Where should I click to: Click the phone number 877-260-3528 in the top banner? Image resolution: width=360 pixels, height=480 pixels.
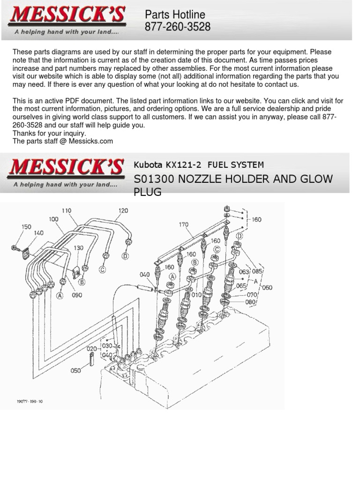pos(178,28)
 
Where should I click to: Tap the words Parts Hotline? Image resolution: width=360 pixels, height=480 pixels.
pos(175,15)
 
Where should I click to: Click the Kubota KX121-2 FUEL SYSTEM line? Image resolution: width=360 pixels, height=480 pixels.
pos(199,165)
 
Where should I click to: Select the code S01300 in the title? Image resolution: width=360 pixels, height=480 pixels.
pos(156,179)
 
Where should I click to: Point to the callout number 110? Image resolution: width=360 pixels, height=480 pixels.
pos(67,211)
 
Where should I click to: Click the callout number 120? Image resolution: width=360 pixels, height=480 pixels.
pos(123,211)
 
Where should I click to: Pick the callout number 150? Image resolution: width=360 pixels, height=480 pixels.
pos(26,226)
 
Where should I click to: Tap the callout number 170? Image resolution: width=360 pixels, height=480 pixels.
pos(183,225)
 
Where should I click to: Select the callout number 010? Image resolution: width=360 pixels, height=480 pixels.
pos(196,294)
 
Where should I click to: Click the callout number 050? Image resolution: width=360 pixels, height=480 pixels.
pos(75,370)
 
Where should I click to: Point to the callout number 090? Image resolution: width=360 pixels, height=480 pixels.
pos(77,295)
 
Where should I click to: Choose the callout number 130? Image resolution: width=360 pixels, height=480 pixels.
pos(78,248)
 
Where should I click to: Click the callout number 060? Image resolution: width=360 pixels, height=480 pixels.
pos(267,287)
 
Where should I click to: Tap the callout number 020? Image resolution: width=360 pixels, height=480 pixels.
pos(92,349)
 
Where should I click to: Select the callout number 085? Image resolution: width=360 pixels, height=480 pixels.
pos(257,270)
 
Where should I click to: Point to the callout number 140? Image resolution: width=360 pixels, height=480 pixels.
pos(38,232)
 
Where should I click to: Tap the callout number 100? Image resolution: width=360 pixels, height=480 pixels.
pos(53,219)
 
